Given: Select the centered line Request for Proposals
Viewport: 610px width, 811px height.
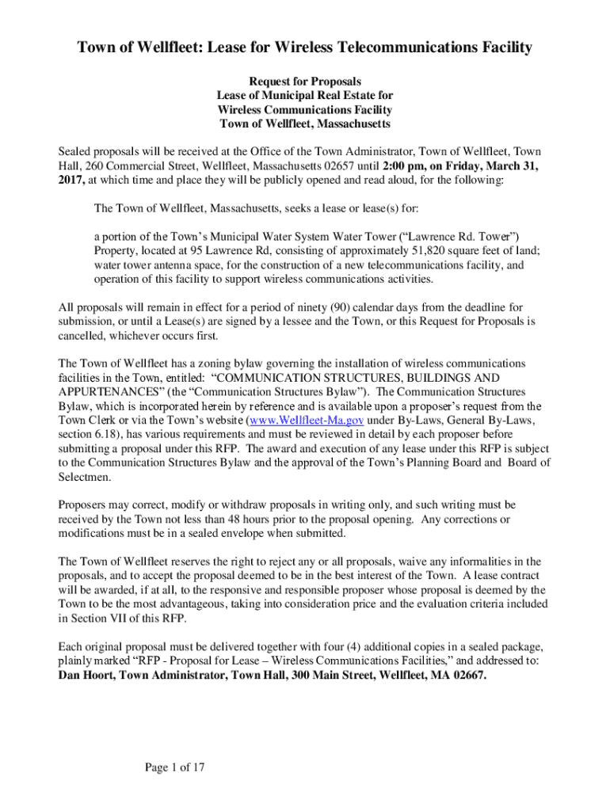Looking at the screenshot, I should pos(305,81).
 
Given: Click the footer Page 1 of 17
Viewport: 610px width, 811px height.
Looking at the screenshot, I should pos(175,767).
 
